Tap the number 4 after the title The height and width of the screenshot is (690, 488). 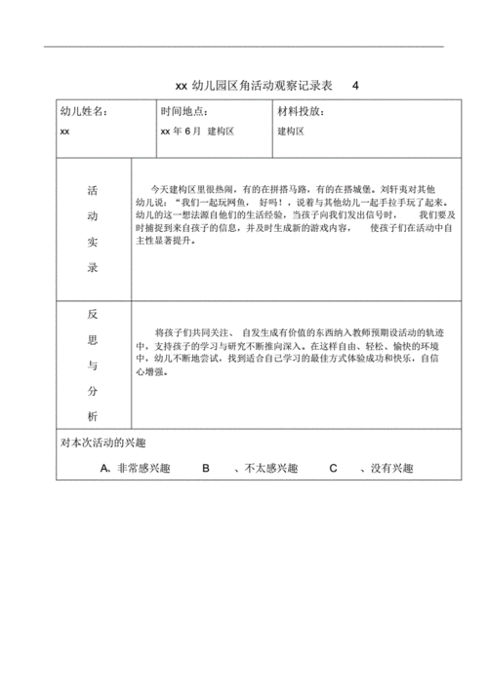pos(355,86)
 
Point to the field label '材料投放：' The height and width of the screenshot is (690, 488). pos(302,112)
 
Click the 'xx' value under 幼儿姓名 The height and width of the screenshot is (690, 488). pos(64,130)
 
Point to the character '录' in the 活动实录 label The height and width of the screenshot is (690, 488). pos(93,266)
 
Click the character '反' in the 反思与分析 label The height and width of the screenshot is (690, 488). pos(93,315)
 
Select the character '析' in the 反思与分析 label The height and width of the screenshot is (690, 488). pos(93,416)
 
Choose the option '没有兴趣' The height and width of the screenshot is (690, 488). pos(386,469)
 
